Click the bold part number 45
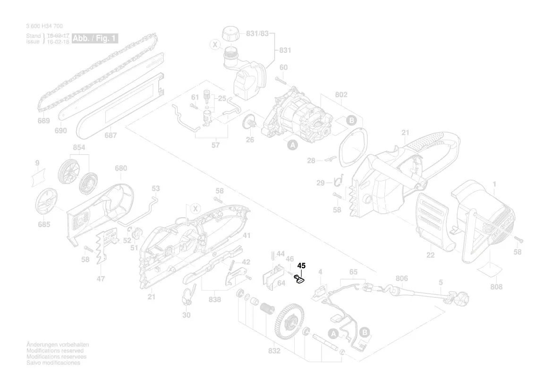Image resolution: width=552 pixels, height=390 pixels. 301,266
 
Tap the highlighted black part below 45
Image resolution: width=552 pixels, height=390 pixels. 300,279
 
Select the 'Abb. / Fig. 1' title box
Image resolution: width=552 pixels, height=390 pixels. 94,39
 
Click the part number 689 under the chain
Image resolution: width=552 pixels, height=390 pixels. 43,121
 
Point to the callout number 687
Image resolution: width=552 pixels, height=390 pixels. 110,136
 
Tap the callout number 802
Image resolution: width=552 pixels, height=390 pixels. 341,95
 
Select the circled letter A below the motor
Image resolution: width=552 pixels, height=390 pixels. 292,145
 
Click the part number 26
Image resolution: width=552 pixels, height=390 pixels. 250,139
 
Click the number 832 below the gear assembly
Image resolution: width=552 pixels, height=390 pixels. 274,351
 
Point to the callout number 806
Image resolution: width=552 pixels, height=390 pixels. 401,278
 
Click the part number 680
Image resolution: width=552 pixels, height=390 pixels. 121,168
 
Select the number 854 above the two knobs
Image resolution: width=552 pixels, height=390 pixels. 79,148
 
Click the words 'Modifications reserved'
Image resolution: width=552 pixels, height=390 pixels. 55,351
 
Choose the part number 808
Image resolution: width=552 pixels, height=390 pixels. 496,287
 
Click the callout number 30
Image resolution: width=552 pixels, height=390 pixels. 187,315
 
